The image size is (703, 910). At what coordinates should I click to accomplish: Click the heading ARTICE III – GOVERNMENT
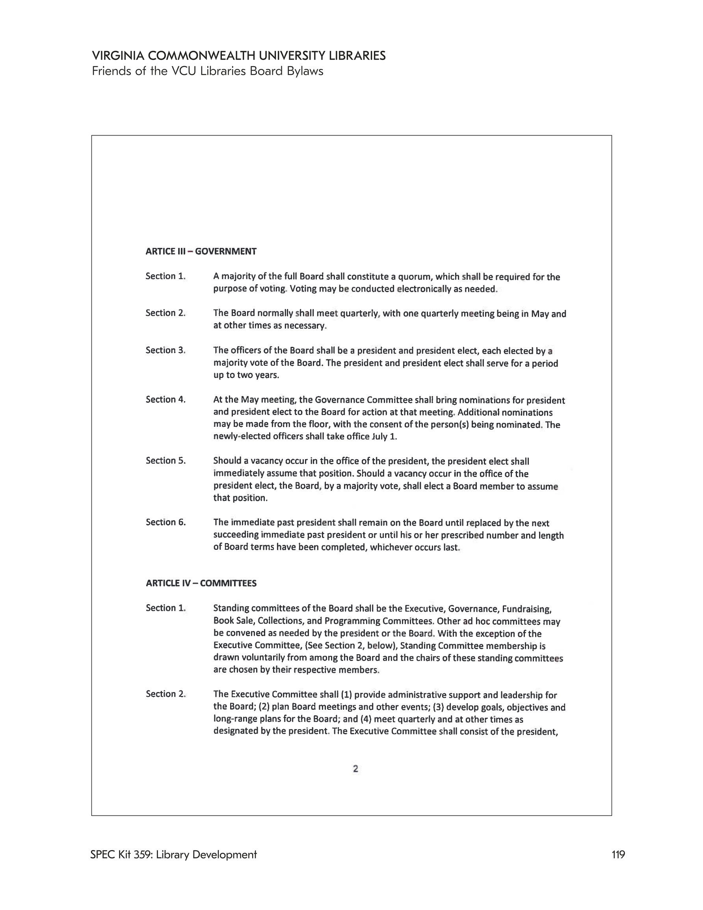pos(201,251)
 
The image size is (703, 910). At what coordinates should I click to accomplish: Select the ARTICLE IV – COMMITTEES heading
pos(201,583)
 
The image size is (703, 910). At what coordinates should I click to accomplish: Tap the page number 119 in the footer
pos(618,854)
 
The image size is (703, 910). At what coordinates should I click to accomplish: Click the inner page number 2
pos(355,769)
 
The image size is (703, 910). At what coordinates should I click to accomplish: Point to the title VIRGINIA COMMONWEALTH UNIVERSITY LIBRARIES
pos(238,56)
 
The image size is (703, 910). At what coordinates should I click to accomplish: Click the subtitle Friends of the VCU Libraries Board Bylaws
pos(208,71)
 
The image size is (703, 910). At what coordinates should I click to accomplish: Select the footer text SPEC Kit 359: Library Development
pos(173,854)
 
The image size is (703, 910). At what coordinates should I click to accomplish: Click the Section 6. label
pos(166,522)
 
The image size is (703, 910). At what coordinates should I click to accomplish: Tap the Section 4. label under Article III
pos(166,400)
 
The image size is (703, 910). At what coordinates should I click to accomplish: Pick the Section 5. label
pos(166,460)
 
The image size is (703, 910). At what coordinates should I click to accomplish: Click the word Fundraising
pos(527,609)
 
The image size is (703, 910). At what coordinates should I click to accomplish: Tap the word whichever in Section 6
pos(391,547)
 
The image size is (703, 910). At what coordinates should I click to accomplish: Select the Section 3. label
pos(166,350)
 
